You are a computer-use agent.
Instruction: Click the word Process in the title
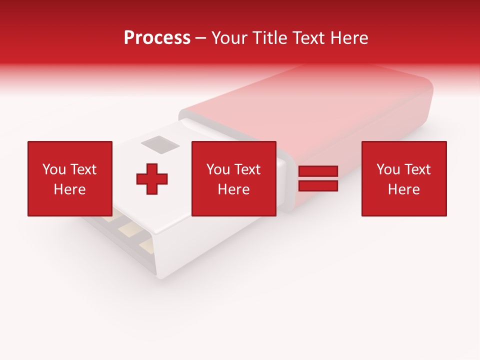(x=157, y=38)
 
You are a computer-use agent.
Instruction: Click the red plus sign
(x=152, y=179)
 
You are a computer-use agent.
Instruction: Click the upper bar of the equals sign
(x=318, y=171)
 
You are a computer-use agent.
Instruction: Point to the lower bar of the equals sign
(x=318, y=185)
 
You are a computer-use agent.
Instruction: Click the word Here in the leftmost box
(x=69, y=189)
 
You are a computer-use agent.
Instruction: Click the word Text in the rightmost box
(x=418, y=169)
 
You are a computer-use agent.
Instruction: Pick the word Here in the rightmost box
(x=403, y=189)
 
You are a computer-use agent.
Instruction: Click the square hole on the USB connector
(x=160, y=144)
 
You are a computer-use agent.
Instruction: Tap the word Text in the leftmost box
(x=83, y=169)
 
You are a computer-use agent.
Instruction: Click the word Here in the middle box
(x=233, y=189)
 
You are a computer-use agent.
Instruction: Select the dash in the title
(x=201, y=38)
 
